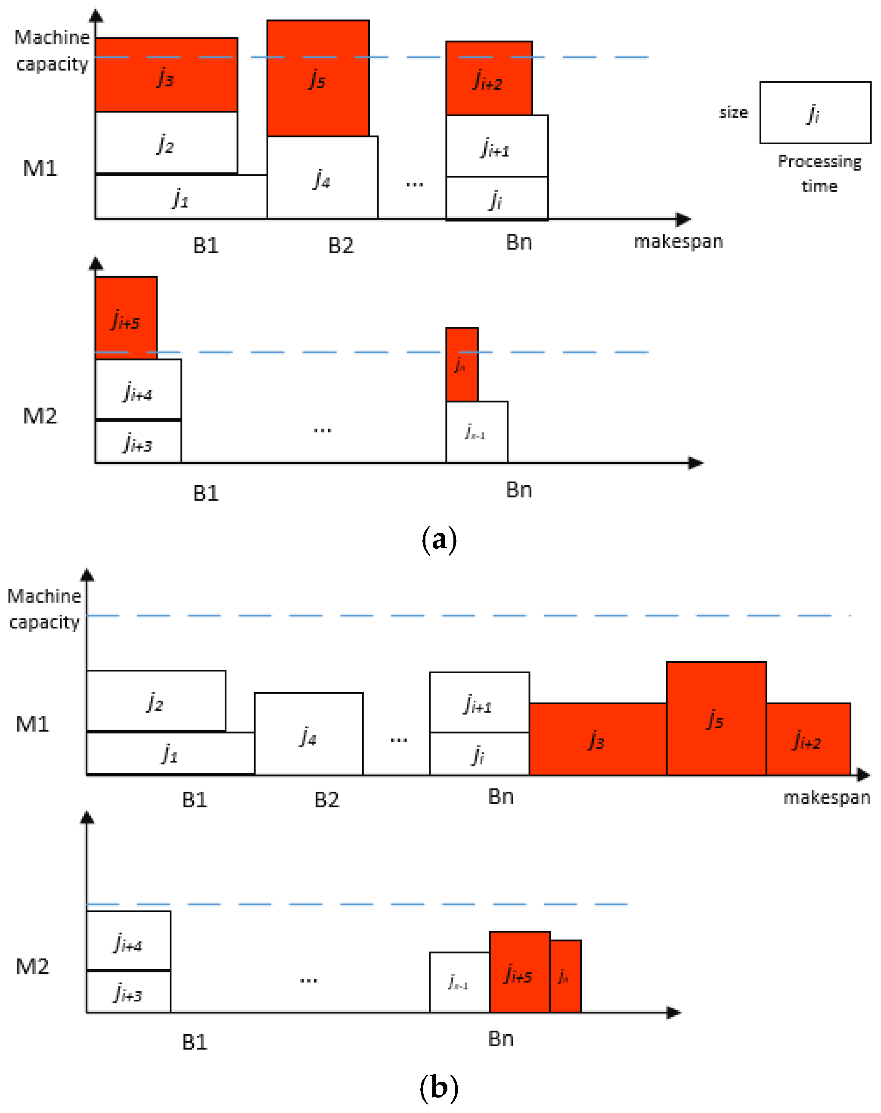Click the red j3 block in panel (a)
click(x=166, y=75)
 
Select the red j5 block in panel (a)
click(x=318, y=78)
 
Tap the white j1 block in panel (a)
click(x=180, y=197)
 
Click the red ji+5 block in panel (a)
click(x=126, y=317)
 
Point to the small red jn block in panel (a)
click(x=462, y=364)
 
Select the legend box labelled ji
click(x=815, y=112)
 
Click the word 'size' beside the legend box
click(x=733, y=112)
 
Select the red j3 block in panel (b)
click(x=597, y=739)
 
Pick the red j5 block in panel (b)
click(x=716, y=718)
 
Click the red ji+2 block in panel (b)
click(x=808, y=739)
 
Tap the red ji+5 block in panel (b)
click(x=519, y=972)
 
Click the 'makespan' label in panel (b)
click(x=826, y=798)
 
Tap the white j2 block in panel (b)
click(x=156, y=701)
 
